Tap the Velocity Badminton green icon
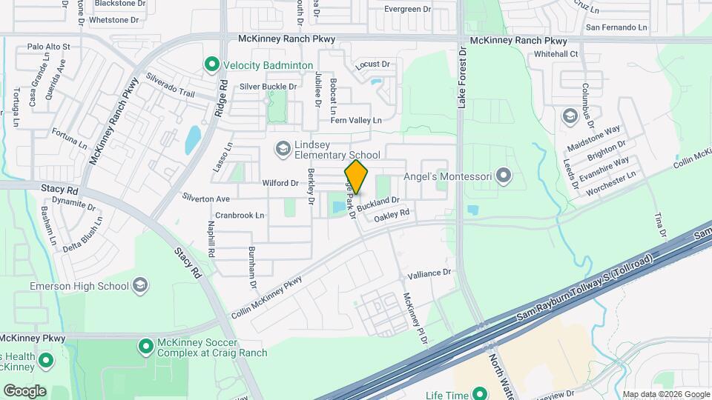coord(212,65)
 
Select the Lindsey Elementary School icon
coord(282,149)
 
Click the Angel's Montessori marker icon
coord(504,176)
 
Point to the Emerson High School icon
coord(139,285)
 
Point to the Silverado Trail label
coord(170,84)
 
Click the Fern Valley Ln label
coord(356,120)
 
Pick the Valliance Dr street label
coord(426,273)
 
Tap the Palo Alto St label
coord(48,46)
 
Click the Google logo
coord(24,390)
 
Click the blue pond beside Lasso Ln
coord(193,138)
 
